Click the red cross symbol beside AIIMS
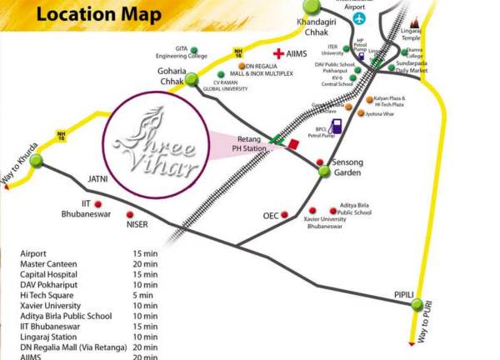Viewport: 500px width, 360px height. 278,54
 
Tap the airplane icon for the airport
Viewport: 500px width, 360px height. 358,17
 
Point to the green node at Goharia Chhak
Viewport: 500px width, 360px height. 192,80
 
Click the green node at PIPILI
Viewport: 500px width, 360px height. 417,305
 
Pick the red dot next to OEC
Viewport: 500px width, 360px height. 284,215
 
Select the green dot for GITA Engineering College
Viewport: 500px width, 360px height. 193,50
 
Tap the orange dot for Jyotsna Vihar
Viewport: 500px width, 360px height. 361,112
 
